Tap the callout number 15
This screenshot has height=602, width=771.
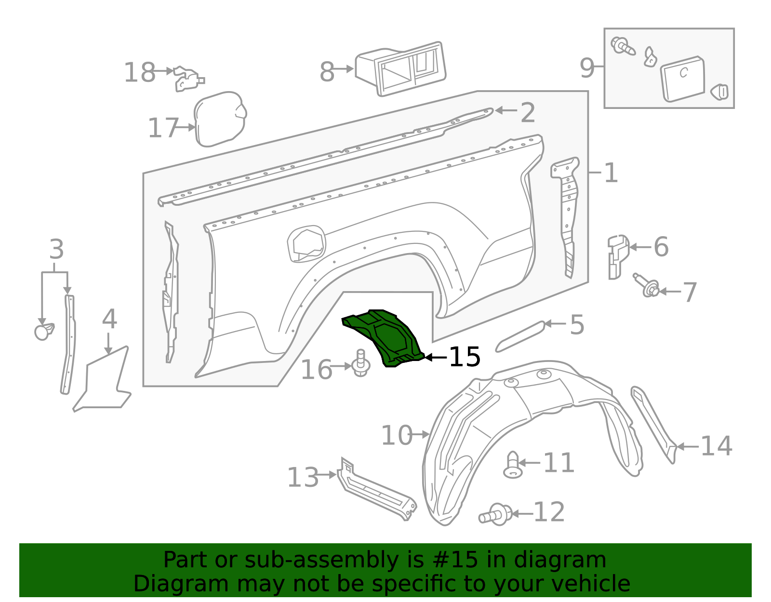coord(465,357)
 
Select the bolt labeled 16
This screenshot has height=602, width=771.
coord(360,363)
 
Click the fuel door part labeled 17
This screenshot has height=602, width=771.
coord(220,119)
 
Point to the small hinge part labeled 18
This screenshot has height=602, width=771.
coord(188,79)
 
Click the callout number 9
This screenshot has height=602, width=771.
coord(587,68)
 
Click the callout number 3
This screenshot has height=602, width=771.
coord(56,250)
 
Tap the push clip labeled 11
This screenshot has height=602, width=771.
coord(513,465)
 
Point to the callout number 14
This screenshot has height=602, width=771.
coord(716,446)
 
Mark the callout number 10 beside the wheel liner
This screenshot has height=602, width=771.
coord(396,435)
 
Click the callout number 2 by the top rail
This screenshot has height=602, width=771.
coord(528,113)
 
